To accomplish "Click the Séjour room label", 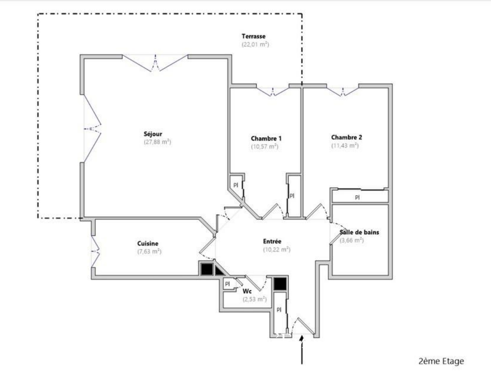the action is pyautogui.click(x=153, y=134).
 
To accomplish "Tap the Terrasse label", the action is pyautogui.click(x=253, y=36).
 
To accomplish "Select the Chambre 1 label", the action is pyautogui.click(x=266, y=138).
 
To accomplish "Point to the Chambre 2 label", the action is pyautogui.click(x=347, y=138).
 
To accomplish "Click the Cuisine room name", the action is pyautogui.click(x=148, y=244).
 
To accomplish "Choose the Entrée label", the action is pyautogui.click(x=272, y=241).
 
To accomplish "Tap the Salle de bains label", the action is pyautogui.click(x=359, y=232).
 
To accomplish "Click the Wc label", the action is pyautogui.click(x=247, y=291).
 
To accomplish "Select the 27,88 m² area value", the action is pyautogui.click(x=158, y=142).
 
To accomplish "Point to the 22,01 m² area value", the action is pyautogui.click(x=255, y=45).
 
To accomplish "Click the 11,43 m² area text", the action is pyautogui.click(x=345, y=145).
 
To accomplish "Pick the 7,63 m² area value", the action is pyautogui.click(x=149, y=251).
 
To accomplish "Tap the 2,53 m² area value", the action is pyautogui.click(x=255, y=299).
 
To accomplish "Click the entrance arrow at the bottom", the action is pyautogui.click(x=302, y=350).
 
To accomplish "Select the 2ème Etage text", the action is pyautogui.click(x=441, y=361).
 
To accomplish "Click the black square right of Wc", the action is pyautogui.click(x=281, y=283).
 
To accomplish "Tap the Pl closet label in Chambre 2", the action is pyautogui.click(x=357, y=197).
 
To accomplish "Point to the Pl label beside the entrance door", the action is pyautogui.click(x=279, y=310).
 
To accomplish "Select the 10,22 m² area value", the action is pyautogui.click(x=277, y=250).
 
